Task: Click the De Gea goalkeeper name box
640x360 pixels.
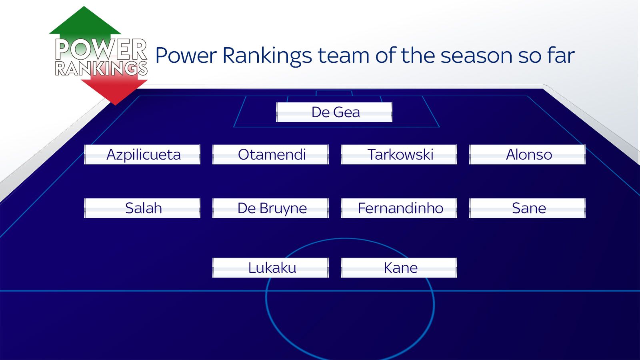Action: click(334, 112)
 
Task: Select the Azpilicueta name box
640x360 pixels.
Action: click(142, 154)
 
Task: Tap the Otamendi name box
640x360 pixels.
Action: click(271, 154)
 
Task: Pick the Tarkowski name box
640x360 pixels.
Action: click(399, 154)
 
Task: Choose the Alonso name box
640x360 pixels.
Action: click(528, 154)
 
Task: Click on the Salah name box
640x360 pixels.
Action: click(142, 208)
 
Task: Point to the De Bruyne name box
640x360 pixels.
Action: click(271, 208)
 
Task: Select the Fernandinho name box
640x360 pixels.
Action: click(399, 208)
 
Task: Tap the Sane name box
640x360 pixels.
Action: click(528, 208)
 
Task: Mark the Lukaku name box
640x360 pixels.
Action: click(271, 268)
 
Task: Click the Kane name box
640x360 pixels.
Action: click(399, 268)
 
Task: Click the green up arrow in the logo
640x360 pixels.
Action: click(85, 22)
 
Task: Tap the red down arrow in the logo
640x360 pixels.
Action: click(114, 90)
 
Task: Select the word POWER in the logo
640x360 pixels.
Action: click(101, 49)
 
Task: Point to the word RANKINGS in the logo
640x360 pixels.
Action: click(101, 68)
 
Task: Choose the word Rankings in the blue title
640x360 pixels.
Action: click(267, 56)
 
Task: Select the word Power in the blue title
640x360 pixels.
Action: click(186, 56)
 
